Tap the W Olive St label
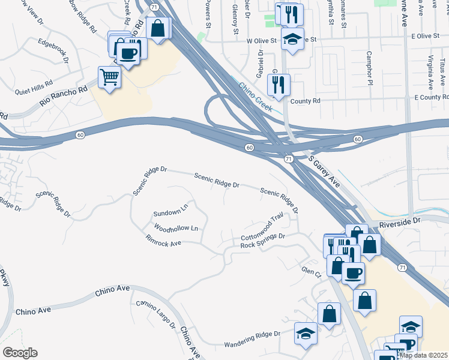click(x=261, y=41)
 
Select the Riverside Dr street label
click(x=400, y=222)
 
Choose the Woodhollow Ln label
click(x=176, y=229)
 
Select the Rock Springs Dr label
click(x=262, y=241)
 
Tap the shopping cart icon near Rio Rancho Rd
click(x=109, y=77)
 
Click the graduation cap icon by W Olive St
click(x=292, y=39)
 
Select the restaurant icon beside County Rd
click(x=279, y=85)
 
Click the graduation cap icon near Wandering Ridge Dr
click(x=306, y=333)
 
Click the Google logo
click(x=20, y=353)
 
